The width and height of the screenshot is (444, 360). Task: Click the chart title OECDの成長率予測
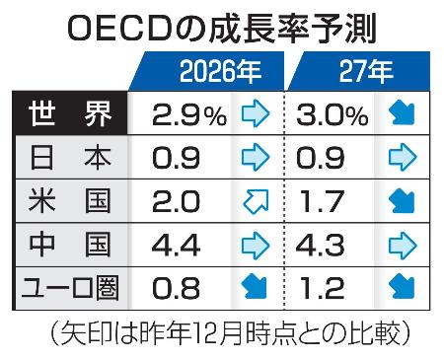tap(222, 27)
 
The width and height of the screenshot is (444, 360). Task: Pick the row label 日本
tap(68, 155)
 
